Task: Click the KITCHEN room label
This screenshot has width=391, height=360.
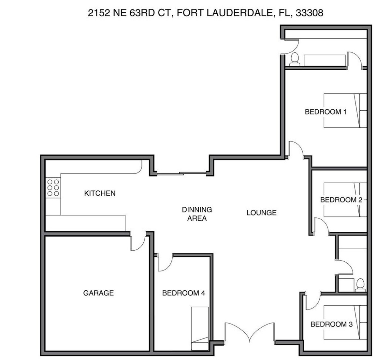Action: (100, 193)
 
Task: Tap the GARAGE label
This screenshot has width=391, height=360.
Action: (98, 293)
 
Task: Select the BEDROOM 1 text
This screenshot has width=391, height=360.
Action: (325, 112)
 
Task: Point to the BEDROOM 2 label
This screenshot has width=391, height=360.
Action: (341, 200)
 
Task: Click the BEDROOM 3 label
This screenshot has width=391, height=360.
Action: (331, 324)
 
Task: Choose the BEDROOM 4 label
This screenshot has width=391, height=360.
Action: (183, 293)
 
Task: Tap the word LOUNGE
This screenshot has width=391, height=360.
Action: (261, 213)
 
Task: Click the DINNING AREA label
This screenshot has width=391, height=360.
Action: (197, 214)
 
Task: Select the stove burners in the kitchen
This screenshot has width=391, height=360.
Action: (53, 188)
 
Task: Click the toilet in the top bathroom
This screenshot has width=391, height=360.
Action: (295, 59)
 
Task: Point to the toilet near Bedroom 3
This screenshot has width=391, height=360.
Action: (360, 284)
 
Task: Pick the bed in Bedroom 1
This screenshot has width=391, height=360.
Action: (345, 111)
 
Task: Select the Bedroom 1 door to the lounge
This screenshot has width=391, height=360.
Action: (296, 150)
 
